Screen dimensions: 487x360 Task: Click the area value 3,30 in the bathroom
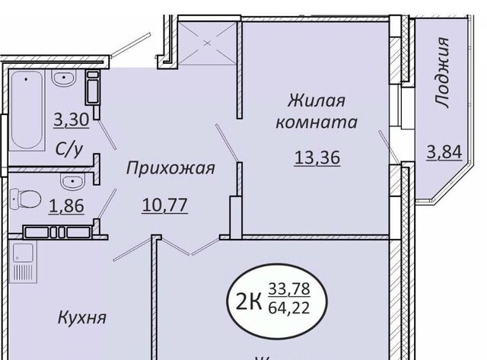(72, 120)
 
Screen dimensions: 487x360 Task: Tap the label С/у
(69, 149)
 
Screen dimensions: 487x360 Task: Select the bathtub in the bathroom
(27, 110)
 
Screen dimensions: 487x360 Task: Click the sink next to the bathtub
(64, 78)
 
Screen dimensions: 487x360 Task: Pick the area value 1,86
(66, 205)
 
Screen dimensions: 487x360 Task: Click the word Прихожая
(170, 168)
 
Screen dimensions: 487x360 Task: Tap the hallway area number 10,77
(164, 205)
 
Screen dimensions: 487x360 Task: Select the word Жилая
(317, 100)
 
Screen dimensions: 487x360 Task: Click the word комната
(317, 123)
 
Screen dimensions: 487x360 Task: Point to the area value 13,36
(317, 158)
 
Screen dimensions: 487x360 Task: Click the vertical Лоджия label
(441, 72)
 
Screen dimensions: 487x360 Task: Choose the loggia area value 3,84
(444, 152)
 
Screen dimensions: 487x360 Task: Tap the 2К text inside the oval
(249, 301)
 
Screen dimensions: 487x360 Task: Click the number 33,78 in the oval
(289, 289)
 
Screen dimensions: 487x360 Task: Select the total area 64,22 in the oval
(289, 308)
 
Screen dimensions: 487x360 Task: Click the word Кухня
(82, 317)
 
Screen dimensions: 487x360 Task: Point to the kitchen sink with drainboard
(23, 263)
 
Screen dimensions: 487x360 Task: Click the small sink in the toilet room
(73, 181)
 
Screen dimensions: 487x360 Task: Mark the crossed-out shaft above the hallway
(208, 43)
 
